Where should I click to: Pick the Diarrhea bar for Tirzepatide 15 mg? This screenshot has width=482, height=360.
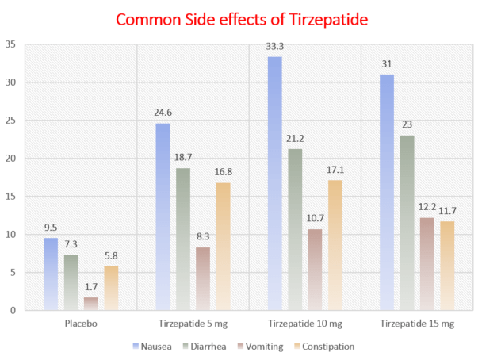click(x=408, y=223)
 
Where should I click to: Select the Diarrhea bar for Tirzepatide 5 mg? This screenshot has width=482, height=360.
click(x=184, y=239)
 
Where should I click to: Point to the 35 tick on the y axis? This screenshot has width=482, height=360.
click(x=10, y=44)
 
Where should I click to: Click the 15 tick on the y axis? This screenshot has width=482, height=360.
click(x=10, y=197)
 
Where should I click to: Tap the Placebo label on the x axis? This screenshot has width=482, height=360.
click(x=81, y=325)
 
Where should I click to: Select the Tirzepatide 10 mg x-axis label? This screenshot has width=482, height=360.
click(x=296, y=325)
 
